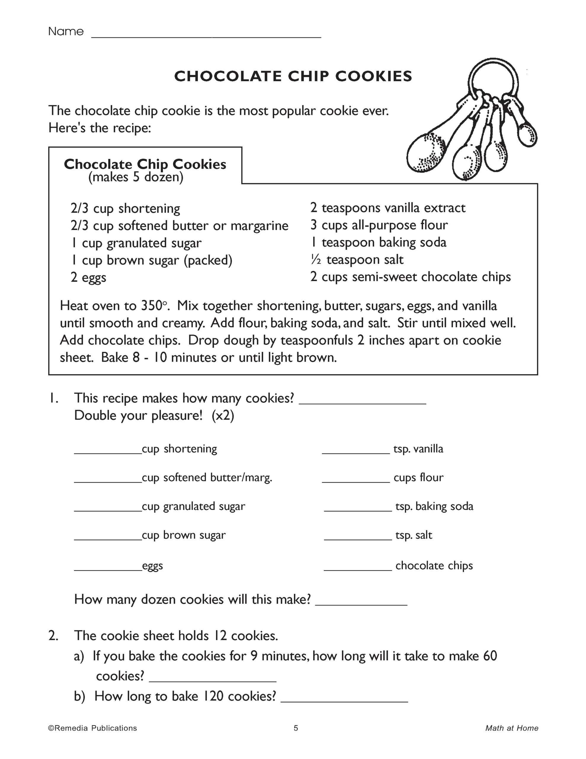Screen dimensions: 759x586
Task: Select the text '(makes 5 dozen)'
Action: click(x=135, y=178)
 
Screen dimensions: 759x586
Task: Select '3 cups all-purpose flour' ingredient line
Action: click(x=379, y=225)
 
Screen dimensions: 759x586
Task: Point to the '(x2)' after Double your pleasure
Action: click(x=223, y=416)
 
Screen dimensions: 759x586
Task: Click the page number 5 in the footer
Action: click(x=296, y=728)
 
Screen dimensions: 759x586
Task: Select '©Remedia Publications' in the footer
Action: click(x=93, y=728)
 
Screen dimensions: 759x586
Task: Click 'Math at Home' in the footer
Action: click(x=512, y=728)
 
